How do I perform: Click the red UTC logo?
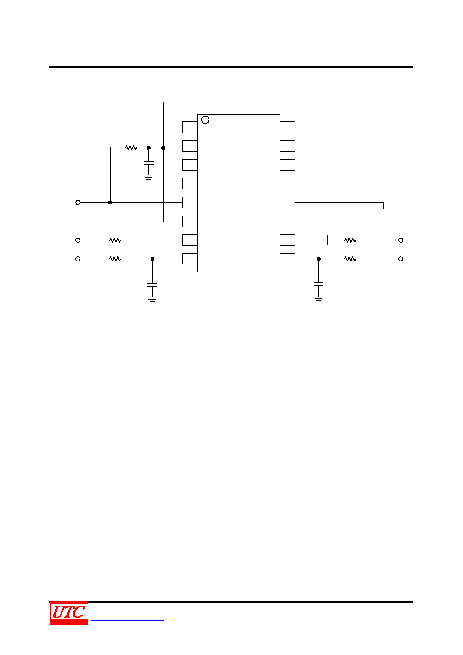click(69, 612)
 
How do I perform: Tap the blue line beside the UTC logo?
click(127, 620)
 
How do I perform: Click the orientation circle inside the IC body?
click(205, 120)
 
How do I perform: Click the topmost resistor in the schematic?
click(131, 148)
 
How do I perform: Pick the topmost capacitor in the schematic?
click(148, 163)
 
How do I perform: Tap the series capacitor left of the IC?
click(135, 240)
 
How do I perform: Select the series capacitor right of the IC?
click(326, 240)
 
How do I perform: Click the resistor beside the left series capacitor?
click(115, 240)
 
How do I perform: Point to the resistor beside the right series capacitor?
click(350, 240)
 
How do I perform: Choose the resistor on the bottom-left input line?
click(115, 259)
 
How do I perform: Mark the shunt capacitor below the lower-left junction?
click(152, 285)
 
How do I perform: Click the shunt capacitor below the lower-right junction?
click(318, 284)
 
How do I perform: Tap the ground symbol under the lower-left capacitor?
click(152, 299)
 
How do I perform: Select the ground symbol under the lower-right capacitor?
click(318, 298)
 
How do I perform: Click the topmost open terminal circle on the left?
click(78, 202)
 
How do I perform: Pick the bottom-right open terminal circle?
click(401, 259)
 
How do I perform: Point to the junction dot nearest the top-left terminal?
click(111, 202)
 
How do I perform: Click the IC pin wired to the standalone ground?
click(288, 202)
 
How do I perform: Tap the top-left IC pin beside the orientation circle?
click(190, 127)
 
